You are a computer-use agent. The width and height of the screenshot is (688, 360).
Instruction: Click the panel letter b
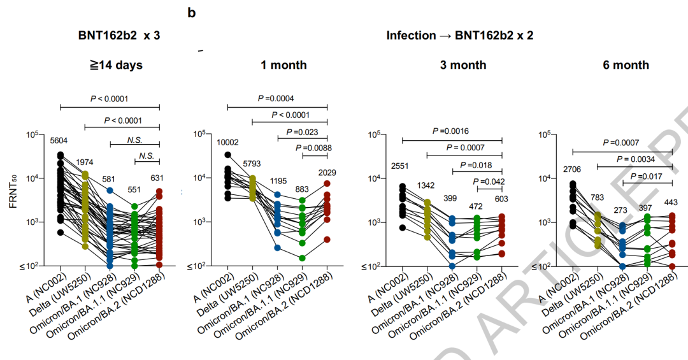point(191,12)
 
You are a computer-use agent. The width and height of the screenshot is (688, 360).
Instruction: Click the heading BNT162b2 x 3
point(115,36)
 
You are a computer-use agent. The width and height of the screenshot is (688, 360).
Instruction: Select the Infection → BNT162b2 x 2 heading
point(459,36)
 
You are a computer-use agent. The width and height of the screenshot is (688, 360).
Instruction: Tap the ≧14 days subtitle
point(115,65)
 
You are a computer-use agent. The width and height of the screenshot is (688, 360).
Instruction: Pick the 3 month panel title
point(462,65)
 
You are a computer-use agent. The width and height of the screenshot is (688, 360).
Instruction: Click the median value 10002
point(227,143)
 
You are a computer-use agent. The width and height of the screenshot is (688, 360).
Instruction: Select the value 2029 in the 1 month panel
point(327,173)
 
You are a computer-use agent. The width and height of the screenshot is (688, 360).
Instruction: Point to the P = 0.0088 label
point(307,148)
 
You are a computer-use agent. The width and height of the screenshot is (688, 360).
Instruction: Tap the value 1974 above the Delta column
point(86,162)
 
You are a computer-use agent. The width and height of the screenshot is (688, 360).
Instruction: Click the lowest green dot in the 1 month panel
point(303,258)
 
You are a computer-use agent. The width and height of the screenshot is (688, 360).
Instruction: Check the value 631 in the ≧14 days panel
point(159,178)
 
